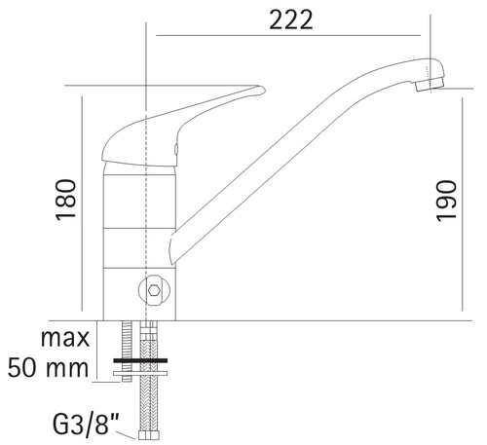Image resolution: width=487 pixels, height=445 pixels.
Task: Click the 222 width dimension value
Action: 291,19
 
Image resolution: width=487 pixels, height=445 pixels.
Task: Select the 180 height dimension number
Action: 66,200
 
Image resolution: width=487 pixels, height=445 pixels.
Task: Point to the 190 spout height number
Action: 446,201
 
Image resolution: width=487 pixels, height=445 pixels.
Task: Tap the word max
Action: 65,338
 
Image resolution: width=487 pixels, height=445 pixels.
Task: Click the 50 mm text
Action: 48,368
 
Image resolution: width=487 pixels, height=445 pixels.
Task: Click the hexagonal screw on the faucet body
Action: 154,290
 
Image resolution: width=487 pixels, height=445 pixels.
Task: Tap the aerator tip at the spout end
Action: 430,85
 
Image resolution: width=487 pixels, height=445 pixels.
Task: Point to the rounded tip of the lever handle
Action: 262,90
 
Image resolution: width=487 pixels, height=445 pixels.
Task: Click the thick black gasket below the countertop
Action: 140,360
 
